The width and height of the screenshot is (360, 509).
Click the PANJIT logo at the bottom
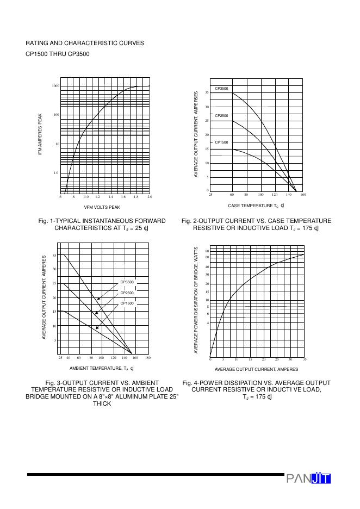[308, 479]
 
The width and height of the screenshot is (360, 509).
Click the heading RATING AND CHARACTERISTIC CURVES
[85, 43]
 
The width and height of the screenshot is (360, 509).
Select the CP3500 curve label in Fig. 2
[221, 88]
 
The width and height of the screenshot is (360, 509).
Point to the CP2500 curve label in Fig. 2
[221, 116]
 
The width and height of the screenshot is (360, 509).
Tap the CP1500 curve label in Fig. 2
[221, 142]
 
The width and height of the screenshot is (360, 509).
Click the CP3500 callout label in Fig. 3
[127, 282]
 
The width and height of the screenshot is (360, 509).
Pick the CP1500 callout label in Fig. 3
[127, 303]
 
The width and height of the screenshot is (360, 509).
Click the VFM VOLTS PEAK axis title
[102, 207]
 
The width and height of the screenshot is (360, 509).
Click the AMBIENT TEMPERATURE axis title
[102, 369]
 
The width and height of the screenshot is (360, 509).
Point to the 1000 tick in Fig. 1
[55, 86]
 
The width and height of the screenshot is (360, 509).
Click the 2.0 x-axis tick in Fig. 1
[150, 196]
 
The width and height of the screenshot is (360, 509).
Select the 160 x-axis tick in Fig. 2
[303, 194]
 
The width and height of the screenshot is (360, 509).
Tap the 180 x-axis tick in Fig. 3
[148, 358]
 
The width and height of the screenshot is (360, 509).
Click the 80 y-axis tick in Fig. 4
[207, 251]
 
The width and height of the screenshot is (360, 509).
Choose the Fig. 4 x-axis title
[256, 369]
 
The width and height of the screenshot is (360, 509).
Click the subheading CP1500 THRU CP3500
[58, 54]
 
